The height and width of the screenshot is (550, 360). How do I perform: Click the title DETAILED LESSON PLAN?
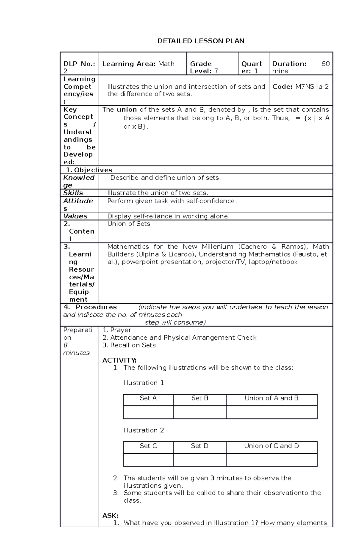point(201,41)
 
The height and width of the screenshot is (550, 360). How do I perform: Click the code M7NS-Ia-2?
point(312,87)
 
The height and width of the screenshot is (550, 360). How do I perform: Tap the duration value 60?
point(325,64)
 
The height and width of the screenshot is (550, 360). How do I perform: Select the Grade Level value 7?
point(216,71)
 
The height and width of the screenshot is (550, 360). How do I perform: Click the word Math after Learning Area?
point(166,64)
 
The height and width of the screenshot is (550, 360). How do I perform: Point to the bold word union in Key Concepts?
point(127,110)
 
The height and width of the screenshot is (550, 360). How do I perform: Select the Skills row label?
point(73,193)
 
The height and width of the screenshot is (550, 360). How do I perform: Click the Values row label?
point(75,216)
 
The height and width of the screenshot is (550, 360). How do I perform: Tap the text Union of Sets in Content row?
point(129,224)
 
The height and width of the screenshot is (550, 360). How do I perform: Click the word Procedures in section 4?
point(96,307)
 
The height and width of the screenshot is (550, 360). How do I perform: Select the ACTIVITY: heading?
point(119,360)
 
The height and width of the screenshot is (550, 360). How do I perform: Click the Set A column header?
point(148,398)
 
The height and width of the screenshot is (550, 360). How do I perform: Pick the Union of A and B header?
point(271,398)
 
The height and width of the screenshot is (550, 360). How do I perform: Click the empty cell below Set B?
point(199,412)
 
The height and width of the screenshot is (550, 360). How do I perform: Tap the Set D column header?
point(199,446)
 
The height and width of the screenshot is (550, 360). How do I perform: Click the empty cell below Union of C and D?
point(271,460)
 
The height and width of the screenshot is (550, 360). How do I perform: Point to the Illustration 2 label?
point(143,430)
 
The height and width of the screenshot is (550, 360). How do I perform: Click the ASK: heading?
point(110,516)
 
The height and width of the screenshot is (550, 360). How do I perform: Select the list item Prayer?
point(121,330)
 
